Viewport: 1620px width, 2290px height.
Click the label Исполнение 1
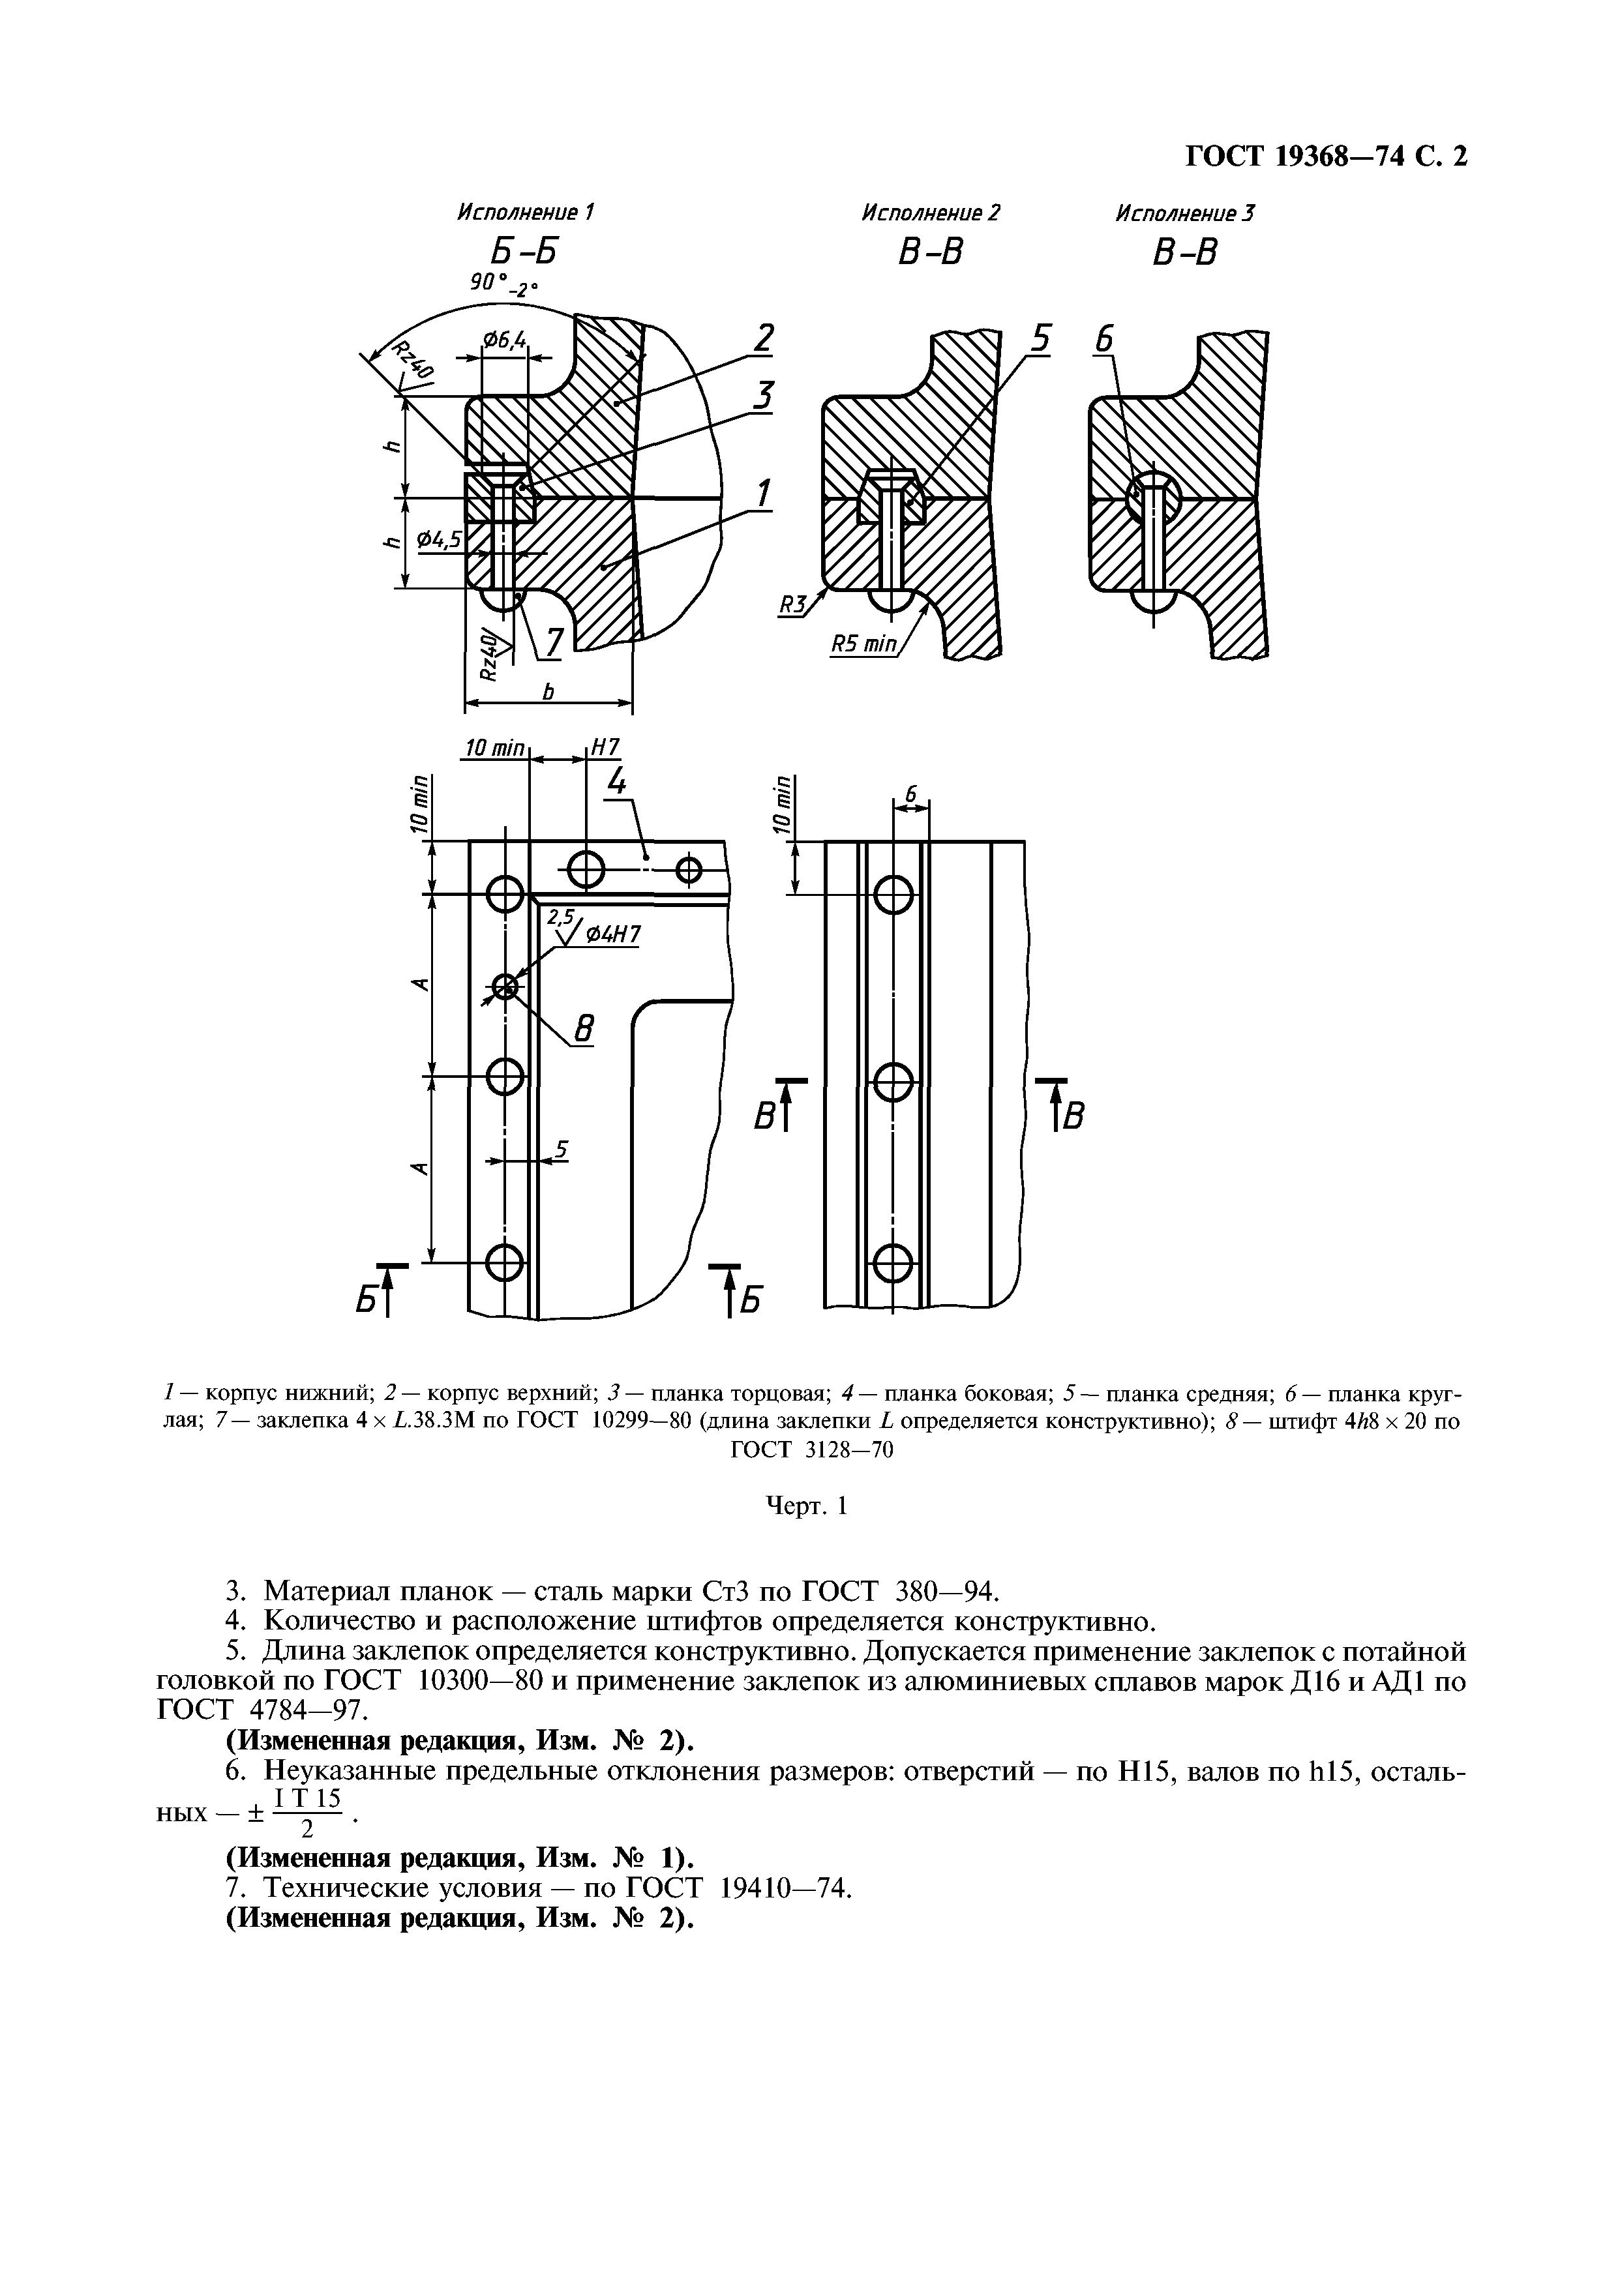tap(525, 213)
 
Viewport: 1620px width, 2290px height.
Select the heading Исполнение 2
tap(930, 213)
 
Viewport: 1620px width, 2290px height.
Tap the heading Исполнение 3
tap(1184, 213)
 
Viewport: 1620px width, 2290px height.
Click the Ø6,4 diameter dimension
tap(505, 341)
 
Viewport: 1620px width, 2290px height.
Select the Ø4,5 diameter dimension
tap(439, 540)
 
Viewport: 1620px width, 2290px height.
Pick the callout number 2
tap(762, 339)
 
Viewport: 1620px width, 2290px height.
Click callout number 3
tap(762, 397)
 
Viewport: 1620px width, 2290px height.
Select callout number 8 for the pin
tap(584, 1028)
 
